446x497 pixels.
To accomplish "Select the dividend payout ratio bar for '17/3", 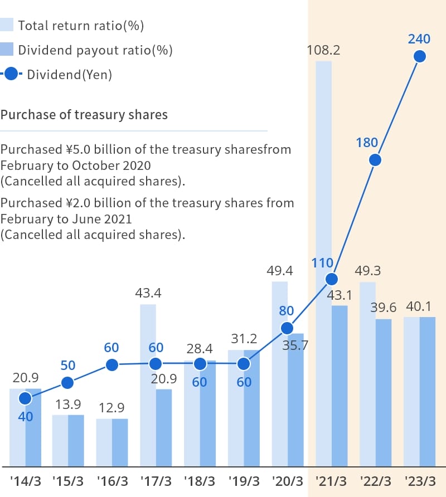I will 164,427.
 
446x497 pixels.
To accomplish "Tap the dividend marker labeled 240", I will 419,56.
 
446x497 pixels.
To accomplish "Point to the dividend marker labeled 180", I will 375,160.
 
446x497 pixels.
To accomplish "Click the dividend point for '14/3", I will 25,398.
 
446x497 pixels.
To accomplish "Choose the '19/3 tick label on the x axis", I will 244,480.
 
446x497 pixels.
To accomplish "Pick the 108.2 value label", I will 323,51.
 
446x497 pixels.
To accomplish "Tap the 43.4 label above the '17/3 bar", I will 148,293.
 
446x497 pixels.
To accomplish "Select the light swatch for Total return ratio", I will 7,25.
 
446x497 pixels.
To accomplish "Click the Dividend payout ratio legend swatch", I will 7,50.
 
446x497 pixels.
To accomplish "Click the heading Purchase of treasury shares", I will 84,115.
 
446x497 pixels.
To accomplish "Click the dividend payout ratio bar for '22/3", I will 384,392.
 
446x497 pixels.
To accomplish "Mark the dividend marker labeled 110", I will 332,279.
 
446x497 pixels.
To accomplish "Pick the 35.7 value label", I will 295,345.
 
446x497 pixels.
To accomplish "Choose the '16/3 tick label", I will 112,480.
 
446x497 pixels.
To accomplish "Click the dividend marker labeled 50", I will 67,383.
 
